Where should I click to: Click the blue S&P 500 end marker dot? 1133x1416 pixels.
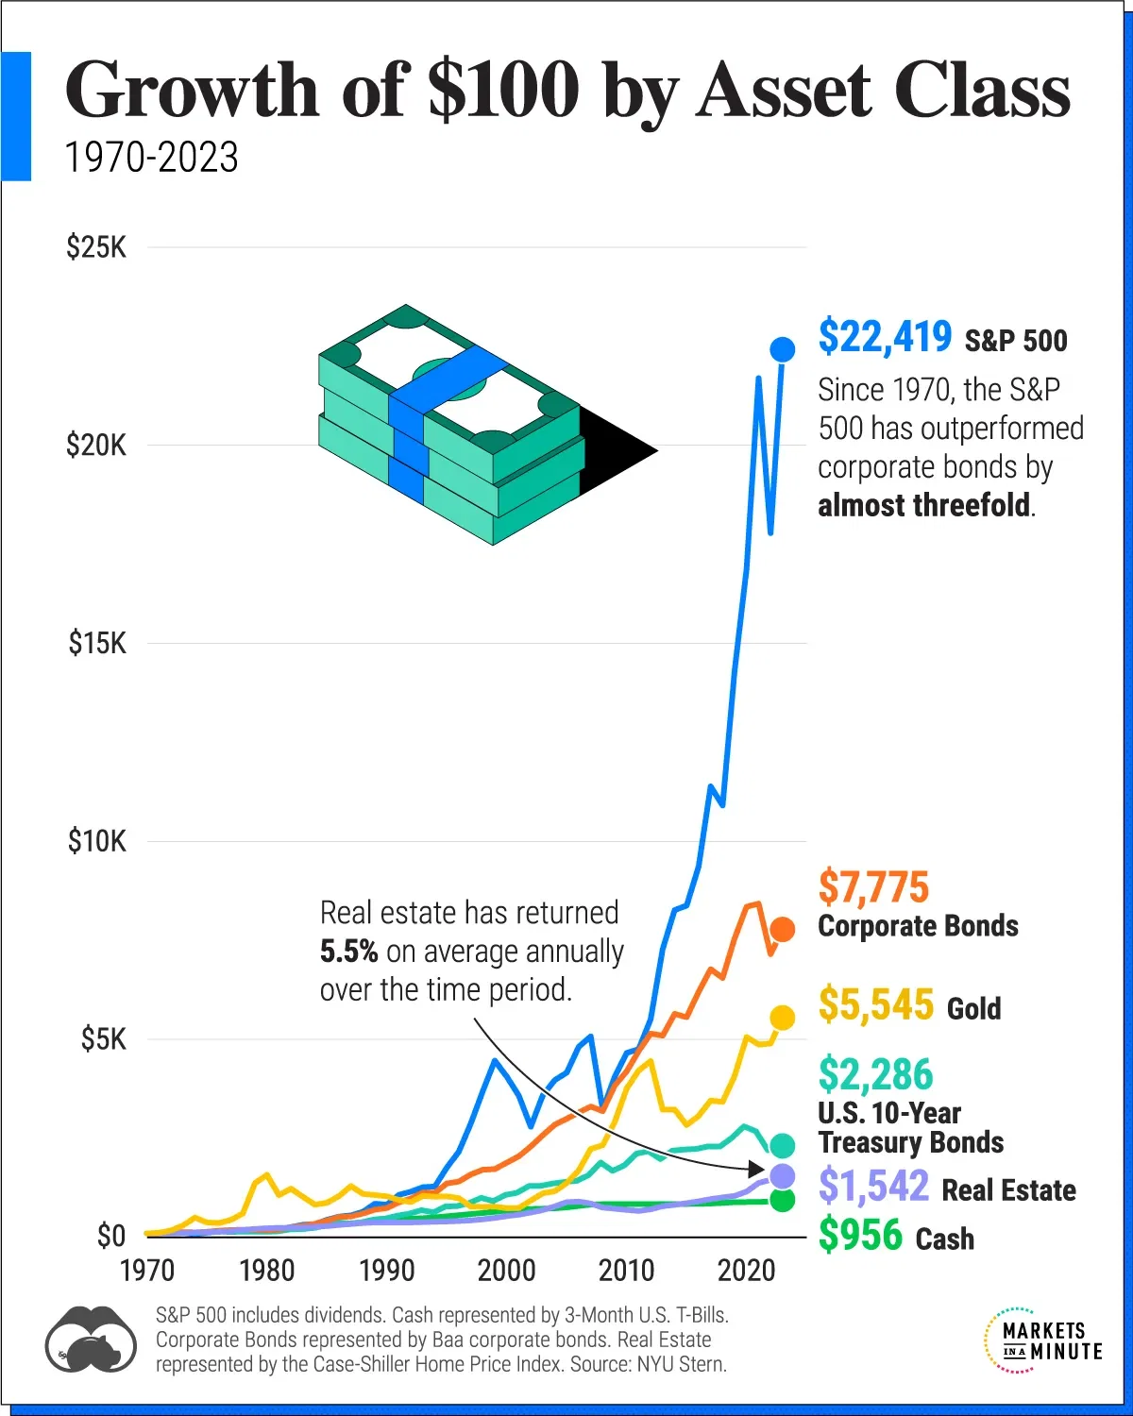point(783,349)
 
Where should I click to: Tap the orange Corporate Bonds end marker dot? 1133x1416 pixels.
point(783,930)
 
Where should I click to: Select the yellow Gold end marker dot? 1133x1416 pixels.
point(783,1017)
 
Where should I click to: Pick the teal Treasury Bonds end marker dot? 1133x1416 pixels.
point(783,1146)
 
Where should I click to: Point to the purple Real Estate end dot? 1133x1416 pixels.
point(783,1176)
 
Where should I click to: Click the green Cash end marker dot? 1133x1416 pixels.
point(783,1200)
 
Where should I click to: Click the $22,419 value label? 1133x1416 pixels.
point(885,337)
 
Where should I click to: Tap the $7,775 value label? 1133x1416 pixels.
point(873,887)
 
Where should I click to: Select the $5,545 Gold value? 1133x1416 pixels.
point(875,1004)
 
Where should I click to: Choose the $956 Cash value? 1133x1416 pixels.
point(860,1235)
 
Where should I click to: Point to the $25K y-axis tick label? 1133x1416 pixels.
point(96,248)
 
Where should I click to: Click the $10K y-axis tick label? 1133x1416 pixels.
point(96,841)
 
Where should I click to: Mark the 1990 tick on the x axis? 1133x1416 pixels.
point(387,1271)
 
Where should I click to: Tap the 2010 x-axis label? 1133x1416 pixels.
point(627,1271)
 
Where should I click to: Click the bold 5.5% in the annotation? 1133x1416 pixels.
point(348,952)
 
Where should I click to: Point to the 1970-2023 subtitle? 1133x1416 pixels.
point(151,157)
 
